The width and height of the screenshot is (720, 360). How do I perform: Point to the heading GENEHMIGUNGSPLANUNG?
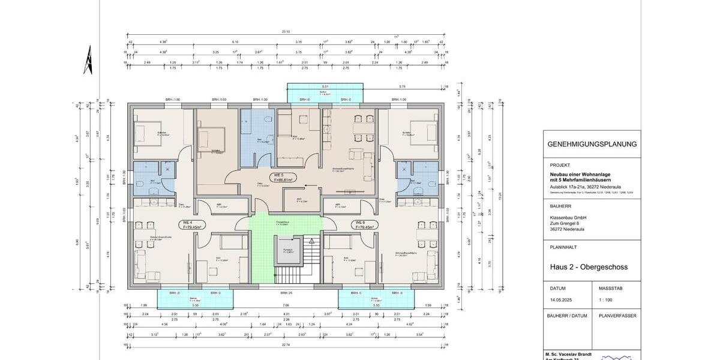tap(592, 145)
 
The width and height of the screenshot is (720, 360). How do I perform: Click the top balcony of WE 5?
tap(325, 93)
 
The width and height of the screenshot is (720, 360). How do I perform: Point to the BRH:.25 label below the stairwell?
tap(286, 293)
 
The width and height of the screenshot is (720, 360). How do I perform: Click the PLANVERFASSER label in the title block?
tap(616, 316)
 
